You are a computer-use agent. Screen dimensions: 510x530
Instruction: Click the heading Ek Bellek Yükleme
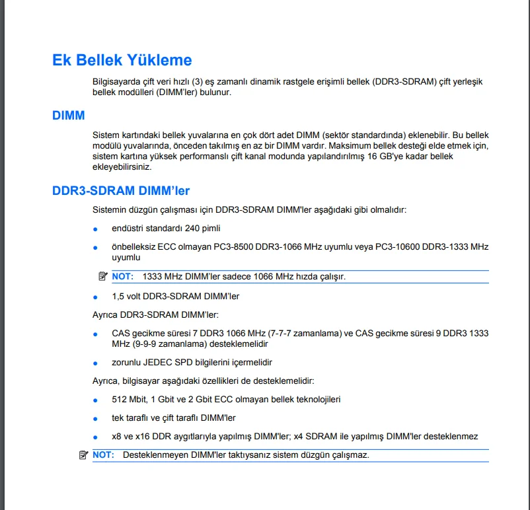pos(122,60)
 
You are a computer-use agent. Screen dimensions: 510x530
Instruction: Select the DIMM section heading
pos(69,116)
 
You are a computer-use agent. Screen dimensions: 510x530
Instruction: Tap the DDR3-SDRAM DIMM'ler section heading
pos(121,191)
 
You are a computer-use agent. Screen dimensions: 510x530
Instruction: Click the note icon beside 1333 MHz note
pos(102,276)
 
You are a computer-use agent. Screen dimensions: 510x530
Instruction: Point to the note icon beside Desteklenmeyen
pos(83,455)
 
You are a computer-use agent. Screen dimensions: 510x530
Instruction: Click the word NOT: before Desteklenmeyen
pos(103,455)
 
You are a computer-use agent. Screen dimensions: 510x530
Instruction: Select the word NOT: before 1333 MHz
pos(122,277)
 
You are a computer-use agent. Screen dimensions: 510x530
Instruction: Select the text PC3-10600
pos(396,246)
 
